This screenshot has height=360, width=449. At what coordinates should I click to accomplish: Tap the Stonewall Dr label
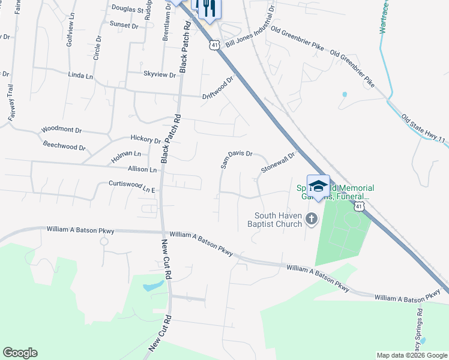click(279, 163)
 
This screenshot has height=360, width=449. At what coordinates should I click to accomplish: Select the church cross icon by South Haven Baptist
click(311, 219)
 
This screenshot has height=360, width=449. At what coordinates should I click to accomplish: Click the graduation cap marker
click(318, 185)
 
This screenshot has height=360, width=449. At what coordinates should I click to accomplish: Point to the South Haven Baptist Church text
click(279, 220)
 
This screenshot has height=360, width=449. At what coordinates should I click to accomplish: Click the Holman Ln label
click(126, 157)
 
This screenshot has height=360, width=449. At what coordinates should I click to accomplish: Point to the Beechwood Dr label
click(64, 145)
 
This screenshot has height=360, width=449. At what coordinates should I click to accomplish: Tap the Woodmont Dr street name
click(61, 130)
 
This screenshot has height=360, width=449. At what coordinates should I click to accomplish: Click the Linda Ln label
click(81, 76)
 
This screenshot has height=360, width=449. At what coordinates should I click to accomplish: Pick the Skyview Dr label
click(160, 75)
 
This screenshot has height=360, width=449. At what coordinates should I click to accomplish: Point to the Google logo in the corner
click(20, 353)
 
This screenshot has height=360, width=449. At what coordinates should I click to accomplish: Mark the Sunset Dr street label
click(124, 26)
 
